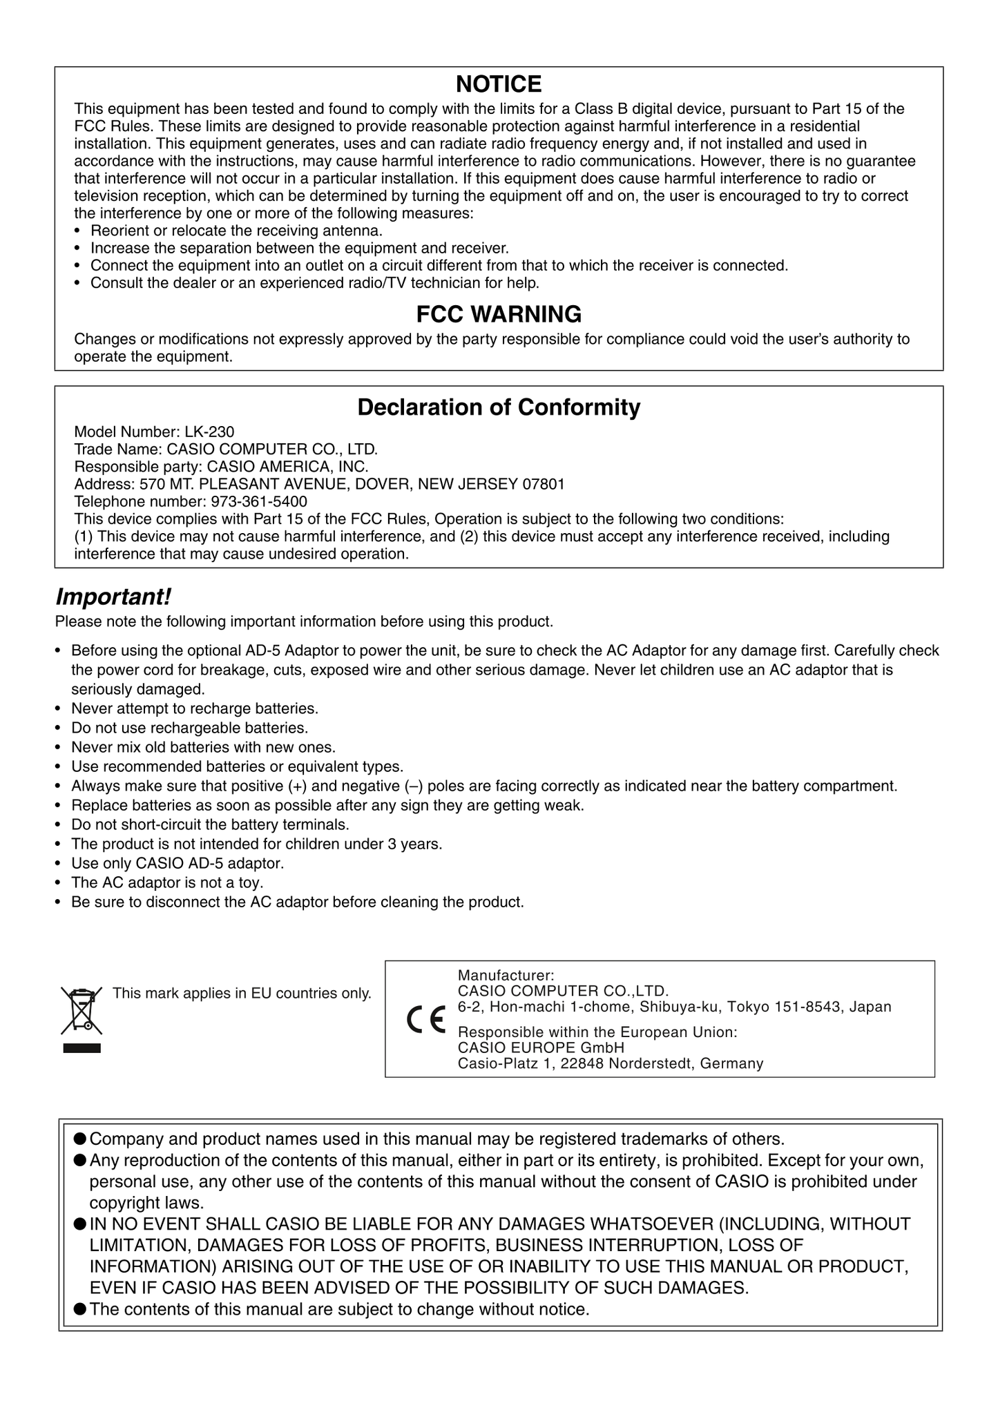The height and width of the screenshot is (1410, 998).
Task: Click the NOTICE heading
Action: coord(499,84)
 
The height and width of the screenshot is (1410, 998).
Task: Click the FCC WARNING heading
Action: coord(499,314)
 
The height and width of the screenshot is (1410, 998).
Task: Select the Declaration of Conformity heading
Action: coord(499,407)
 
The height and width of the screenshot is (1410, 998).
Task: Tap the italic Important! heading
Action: coord(113,595)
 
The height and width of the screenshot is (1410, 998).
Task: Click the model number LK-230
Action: coord(209,432)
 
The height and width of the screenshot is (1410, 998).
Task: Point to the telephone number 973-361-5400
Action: coord(259,501)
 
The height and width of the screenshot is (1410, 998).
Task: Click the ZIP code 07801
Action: coord(544,484)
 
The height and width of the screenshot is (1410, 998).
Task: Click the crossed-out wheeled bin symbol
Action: coord(81,1011)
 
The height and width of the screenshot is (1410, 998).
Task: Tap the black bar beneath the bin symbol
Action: coord(82,1048)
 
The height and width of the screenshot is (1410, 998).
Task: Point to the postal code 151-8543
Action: coord(808,1007)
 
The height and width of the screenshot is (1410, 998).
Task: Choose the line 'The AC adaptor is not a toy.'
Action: coord(167,882)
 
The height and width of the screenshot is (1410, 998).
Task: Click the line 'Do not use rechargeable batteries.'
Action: coord(189,728)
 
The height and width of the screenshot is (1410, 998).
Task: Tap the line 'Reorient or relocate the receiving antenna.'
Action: coord(236,231)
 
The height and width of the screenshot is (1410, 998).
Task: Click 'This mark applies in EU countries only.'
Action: coord(242,994)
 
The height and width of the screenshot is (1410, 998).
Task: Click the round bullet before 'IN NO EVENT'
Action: coord(79,1224)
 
